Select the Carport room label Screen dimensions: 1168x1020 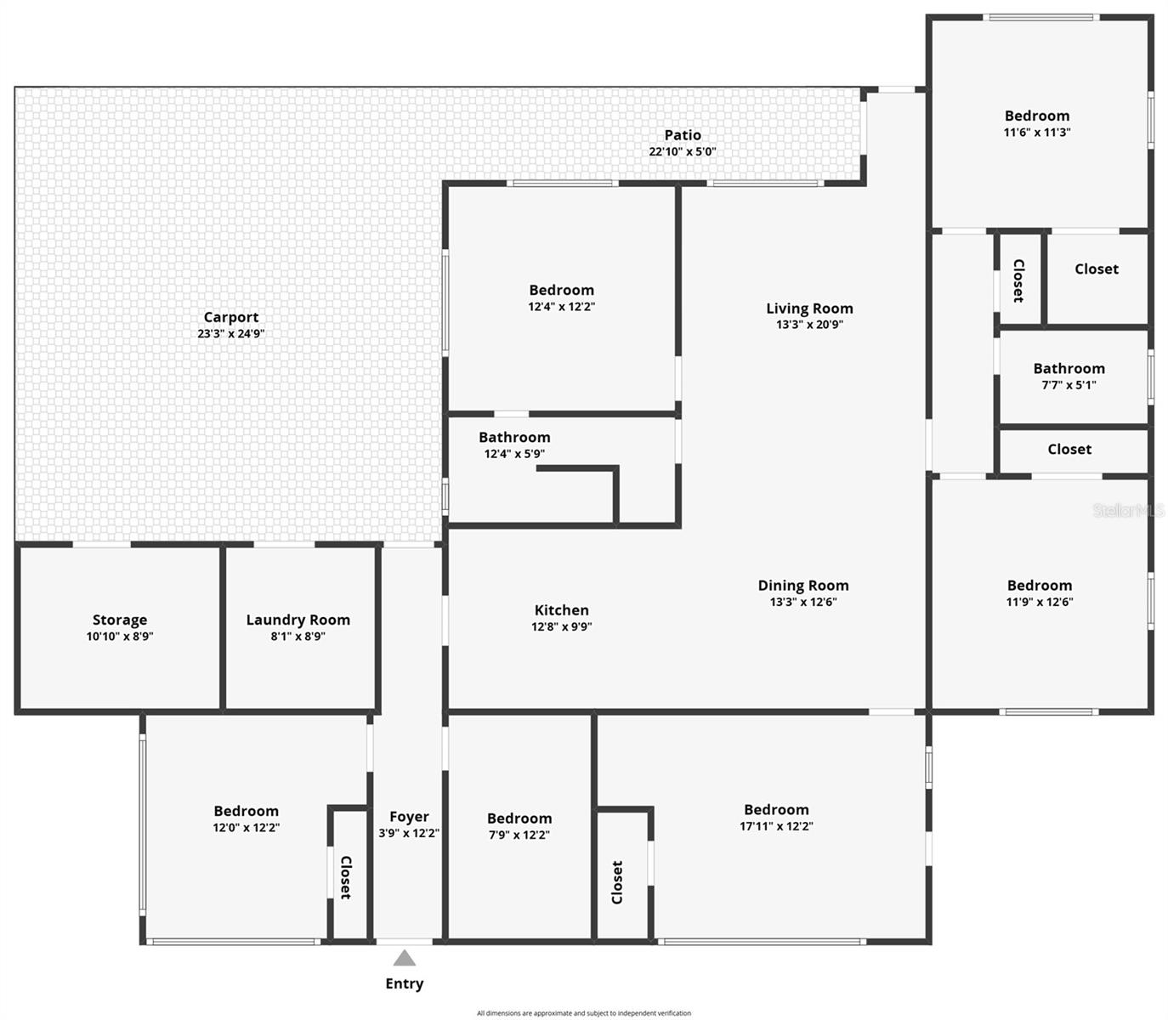231,317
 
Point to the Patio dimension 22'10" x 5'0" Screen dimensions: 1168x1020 683,151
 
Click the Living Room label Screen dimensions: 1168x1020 809,309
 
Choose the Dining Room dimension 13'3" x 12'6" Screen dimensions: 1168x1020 803,602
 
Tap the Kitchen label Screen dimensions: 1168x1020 562,609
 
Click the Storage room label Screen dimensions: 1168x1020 120,620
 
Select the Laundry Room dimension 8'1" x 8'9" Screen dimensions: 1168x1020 298,636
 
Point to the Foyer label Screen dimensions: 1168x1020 410,817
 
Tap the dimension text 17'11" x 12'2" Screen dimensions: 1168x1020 776,826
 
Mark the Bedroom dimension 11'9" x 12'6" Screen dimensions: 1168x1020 1040,602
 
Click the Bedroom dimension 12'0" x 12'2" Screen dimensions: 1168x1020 246,828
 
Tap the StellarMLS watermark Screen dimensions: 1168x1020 1128,511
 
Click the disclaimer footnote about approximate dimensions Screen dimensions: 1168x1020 584,1013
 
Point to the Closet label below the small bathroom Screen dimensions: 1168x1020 1069,449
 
